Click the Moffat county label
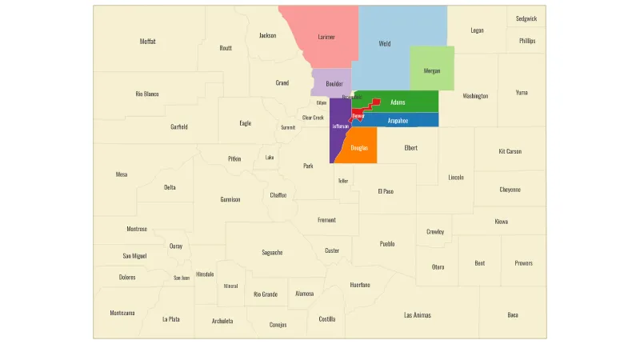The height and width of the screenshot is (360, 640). tap(147, 42)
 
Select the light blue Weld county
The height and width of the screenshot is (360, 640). tap(386, 43)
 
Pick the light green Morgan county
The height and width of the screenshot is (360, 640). tap(432, 70)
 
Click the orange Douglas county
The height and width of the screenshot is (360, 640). tap(359, 148)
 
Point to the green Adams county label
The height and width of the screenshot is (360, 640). tap(398, 102)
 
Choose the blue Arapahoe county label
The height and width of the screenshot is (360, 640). tap(398, 121)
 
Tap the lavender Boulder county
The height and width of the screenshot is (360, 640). tap(334, 83)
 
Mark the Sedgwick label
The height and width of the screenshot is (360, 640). tap(526, 18)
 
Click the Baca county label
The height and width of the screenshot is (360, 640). tap(513, 315)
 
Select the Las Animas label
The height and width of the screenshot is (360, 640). tap(418, 315)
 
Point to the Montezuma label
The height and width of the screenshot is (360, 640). tap(122, 313)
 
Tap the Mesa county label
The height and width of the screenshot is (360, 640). tap(122, 174)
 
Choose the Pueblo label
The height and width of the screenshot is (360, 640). tap(387, 244)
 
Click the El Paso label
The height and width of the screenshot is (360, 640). tap(386, 191)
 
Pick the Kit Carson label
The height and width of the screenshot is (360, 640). tap(510, 151)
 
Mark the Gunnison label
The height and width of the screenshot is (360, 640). tap(230, 199)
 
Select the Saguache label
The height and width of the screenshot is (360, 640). tap(272, 253)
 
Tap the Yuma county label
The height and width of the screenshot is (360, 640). tap(522, 92)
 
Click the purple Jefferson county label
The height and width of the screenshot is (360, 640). tap(340, 126)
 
